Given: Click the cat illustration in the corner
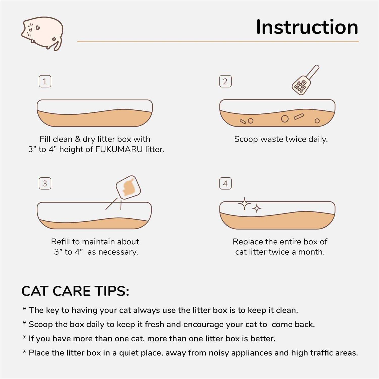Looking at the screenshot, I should point(42,33).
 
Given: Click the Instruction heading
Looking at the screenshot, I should point(307,27).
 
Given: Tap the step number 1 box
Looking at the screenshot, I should point(45,81).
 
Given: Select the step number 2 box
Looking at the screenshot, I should point(225,81).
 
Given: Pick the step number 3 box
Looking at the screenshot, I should point(45,183).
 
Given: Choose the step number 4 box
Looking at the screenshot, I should point(225,183).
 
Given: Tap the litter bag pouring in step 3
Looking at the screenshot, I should point(128,187).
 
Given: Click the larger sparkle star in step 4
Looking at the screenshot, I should point(244,204).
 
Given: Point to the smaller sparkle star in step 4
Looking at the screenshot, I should point(257,208).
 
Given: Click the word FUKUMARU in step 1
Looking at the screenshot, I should point(119,149).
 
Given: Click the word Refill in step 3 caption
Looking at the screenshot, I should point(61,242).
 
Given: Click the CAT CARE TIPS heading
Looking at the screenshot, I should point(75,291).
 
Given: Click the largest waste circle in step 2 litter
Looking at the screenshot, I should point(285,119).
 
